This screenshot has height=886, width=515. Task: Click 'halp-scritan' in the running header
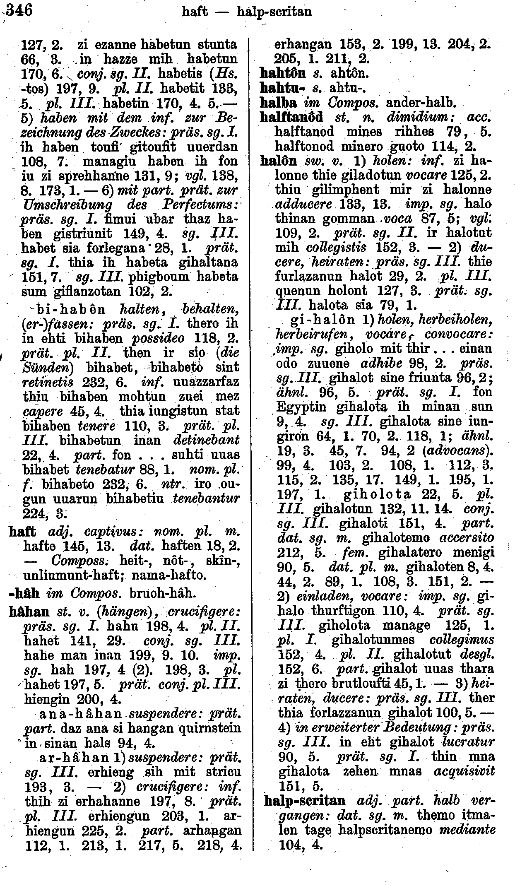274,12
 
